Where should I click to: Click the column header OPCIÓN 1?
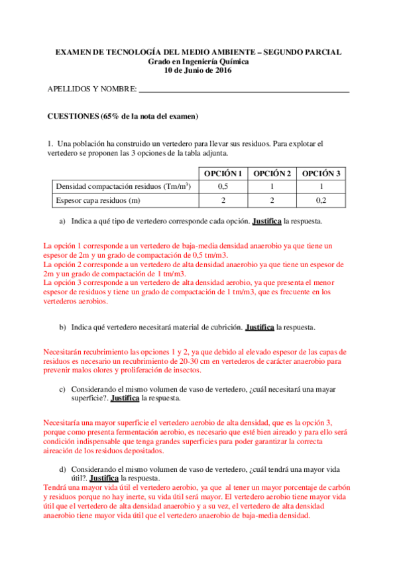coord(223,174)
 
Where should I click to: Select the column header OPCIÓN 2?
coord(272,174)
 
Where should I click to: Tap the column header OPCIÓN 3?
coord(321,174)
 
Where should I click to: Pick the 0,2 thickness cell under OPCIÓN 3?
coord(321,199)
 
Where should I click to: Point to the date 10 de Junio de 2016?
coord(198,71)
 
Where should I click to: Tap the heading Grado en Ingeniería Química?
coord(198,62)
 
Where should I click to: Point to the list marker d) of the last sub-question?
coord(62,468)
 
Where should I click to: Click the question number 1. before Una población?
coord(50,144)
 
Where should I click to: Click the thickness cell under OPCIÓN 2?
coord(272,199)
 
